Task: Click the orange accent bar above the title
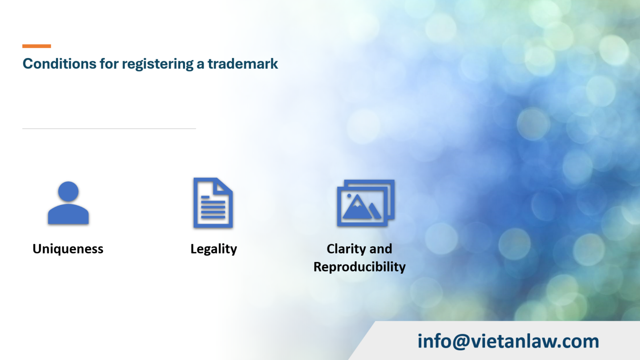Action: click(x=37, y=46)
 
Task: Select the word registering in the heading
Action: click(x=157, y=64)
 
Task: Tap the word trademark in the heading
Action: click(x=242, y=64)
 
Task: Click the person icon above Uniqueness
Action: click(x=68, y=203)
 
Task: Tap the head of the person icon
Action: click(x=68, y=191)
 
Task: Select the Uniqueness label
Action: click(x=68, y=249)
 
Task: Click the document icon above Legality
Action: click(x=213, y=203)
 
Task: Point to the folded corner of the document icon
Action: click(x=224, y=186)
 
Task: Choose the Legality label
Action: click(x=214, y=249)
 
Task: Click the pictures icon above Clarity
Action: click(x=365, y=203)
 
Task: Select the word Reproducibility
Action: click(x=360, y=267)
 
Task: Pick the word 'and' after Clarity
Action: click(x=381, y=249)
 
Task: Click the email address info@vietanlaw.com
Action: click(x=508, y=341)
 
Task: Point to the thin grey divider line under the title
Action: click(x=109, y=128)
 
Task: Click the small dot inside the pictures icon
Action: click(x=349, y=196)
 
